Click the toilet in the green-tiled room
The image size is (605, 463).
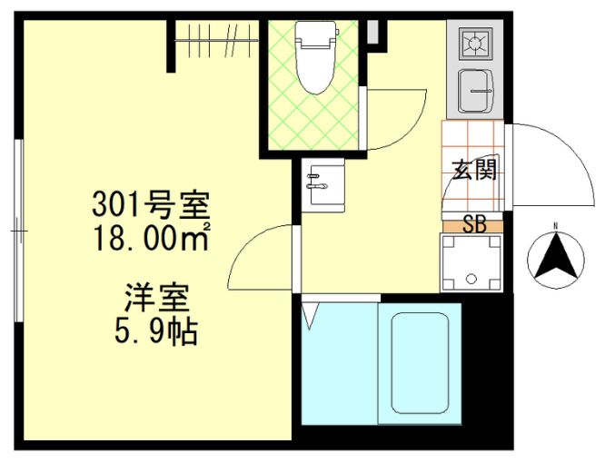click(314, 68)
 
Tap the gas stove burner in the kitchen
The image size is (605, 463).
click(474, 42)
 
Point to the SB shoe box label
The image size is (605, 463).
click(474, 224)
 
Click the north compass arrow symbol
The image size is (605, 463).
click(554, 257)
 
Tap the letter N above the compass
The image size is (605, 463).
click(554, 226)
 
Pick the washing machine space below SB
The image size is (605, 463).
click(471, 264)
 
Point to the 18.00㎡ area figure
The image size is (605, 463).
click(151, 239)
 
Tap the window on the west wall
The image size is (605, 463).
click(18, 231)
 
